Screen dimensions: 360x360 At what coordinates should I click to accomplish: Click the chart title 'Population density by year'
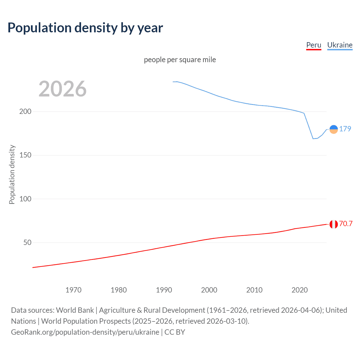point(85,28)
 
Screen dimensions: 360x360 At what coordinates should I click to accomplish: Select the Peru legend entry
point(314,45)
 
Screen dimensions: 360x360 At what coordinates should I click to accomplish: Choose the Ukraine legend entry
point(340,45)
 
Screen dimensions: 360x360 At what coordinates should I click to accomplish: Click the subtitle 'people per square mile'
point(180,60)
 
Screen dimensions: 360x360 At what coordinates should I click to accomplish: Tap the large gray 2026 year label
point(62,89)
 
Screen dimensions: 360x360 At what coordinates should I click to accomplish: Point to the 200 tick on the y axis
point(25,111)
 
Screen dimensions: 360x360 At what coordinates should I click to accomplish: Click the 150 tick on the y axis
point(25,155)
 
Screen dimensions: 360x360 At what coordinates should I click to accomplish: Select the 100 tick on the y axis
point(25,199)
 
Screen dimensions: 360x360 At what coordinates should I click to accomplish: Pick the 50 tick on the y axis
point(27,242)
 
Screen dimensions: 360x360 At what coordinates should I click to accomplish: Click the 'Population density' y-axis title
point(12,174)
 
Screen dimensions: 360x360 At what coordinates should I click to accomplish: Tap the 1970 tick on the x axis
point(73,290)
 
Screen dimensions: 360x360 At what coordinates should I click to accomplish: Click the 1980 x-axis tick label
point(119,290)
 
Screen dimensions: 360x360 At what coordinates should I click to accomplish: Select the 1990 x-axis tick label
point(164,290)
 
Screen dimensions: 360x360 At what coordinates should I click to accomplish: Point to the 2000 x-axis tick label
point(209,290)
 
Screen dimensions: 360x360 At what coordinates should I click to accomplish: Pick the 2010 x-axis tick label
point(254,290)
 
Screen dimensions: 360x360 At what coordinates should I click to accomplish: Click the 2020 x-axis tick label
point(300,290)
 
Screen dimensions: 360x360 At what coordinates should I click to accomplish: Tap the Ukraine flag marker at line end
point(334,129)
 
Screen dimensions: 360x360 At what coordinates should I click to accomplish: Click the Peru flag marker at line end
point(334,224)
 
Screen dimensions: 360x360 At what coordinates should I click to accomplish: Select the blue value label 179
point(345,129)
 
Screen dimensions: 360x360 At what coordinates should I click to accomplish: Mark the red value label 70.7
point(346,224)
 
